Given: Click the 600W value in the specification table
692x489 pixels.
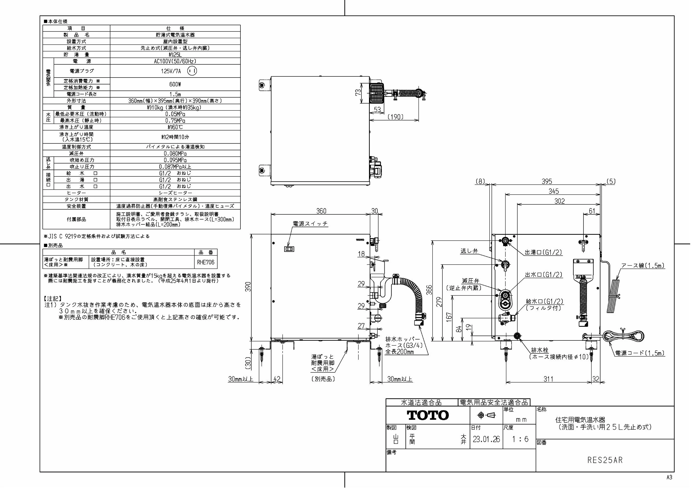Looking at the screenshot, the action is tap(175, 84).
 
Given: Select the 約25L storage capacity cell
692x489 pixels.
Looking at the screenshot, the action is tap(175, 55).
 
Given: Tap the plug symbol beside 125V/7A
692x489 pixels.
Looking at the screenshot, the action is tap(192, 71).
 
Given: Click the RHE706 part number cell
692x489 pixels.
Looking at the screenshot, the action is tap(206, 262).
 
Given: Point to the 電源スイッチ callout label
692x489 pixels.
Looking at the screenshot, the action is tap(310, 224).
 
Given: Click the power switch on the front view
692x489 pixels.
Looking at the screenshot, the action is tap(289, 249).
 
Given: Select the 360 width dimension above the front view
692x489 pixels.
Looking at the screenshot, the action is tap(321, 211).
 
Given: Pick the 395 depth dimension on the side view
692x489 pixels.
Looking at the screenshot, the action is tap(546, 181).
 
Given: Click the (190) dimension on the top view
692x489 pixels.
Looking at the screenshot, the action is tap(395, 117).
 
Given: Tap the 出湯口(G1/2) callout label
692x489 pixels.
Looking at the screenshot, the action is tap(543, 253).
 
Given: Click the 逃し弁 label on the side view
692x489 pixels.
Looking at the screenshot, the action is tap(469, 251).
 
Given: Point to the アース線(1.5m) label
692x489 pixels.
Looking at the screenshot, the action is tap(643, 265).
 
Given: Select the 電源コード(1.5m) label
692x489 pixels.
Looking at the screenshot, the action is tap(640, 353).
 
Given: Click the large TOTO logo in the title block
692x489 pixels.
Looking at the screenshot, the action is tap(428, 415).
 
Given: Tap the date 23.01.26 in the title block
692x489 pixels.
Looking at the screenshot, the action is tap(486, 439).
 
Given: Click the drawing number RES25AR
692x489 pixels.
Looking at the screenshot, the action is tap(605, 460).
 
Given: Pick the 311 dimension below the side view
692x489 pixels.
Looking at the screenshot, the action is tap(548, 379).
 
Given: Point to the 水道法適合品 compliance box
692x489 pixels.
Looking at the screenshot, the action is tap(421, 403).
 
